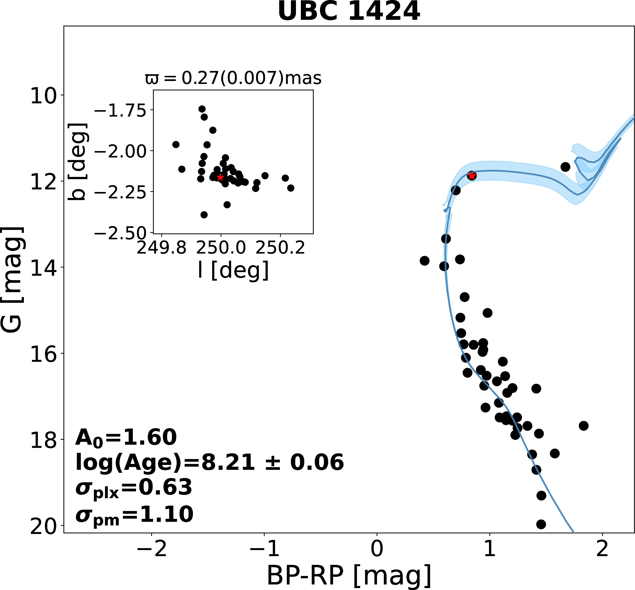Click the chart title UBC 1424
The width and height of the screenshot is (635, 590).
click(349, 12)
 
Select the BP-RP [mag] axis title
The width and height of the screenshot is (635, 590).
click(349, 575)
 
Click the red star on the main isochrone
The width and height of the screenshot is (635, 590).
click(471, 176)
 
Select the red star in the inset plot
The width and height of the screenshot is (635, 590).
click(220, 177)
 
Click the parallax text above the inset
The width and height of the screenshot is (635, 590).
click(233, 78)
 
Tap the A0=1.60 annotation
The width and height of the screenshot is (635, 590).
click(126, 438)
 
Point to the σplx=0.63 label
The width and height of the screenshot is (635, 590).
click(133, 488)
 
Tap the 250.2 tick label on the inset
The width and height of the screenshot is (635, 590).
click(280, 248)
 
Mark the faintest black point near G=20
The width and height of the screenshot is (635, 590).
click(541, 524)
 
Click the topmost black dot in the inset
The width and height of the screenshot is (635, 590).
click(202, 109)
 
